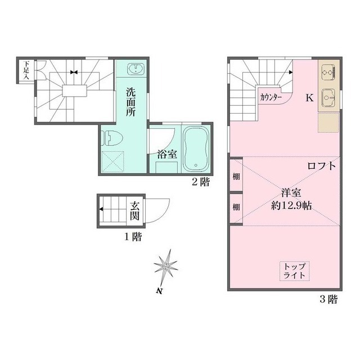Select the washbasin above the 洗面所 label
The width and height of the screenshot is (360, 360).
coord(136,70)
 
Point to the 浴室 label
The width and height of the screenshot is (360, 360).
coord(165,153)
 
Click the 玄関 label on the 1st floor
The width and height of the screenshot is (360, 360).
coord(136,211)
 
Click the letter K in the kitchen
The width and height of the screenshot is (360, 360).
coord(309,97)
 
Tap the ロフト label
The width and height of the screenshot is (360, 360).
coord(322,166)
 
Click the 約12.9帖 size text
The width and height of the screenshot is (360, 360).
coord(292,205)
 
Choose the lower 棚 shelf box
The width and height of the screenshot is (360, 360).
coord(236,206)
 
